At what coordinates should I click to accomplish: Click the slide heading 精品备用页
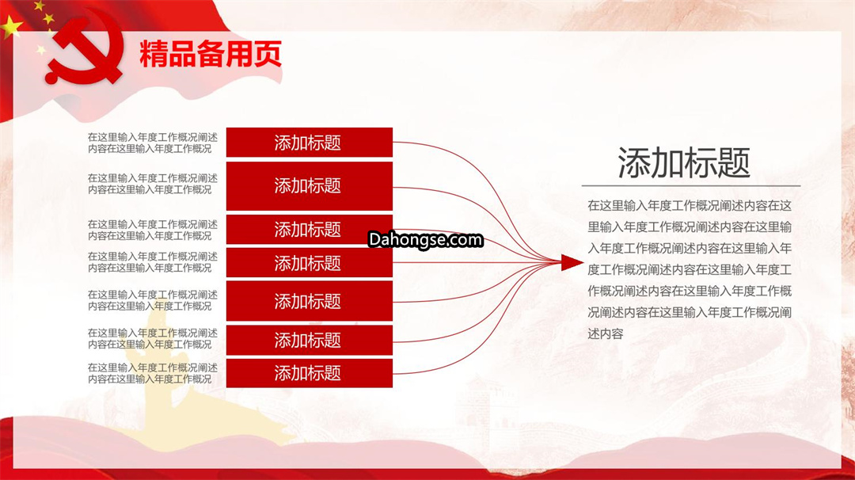pyautogui.click(x=211, y=53)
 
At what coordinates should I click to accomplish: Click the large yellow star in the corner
pyautogui.click(x=11, y=26)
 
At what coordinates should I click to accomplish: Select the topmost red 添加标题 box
pyautogui.click(x=310, y=143)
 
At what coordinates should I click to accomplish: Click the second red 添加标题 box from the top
pyautogui.click(x=310, y=186)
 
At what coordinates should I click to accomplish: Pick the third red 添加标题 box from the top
pyautogui.click(x=310, y=230)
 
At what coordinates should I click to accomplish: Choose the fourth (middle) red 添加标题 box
pyautogui.click(x=310, y=263)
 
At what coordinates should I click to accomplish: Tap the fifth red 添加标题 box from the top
pyautogui.click(x=310, y=301)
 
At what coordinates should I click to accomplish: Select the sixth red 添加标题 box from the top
pyautogui.click(x=310, y=341)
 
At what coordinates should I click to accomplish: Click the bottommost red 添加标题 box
pyautogui.click(x=310, y=373)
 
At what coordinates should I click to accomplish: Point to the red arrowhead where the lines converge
pyautogui.click(x=572, y=262)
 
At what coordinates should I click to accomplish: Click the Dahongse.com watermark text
pyautogui.click(x=425, y=239)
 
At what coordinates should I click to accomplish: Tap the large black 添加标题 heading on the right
pyautogui.click(x=684, y=162)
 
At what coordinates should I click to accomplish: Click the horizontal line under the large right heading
pyautogui.click(x=691, y=186)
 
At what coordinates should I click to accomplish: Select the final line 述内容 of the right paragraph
pyautogui.click(x=606, y=333)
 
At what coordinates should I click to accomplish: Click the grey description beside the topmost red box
pyautogui.click(x=153, y=143)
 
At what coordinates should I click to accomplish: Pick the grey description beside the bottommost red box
pyautogui.click(x=153, y=373)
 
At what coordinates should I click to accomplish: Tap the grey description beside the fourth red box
pyautogui.click(x=153, y=262)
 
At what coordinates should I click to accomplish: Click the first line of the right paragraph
pyautogui.click(x=690, y=206)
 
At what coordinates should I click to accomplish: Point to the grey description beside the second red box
pyautogui.click(x=153, y=184)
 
